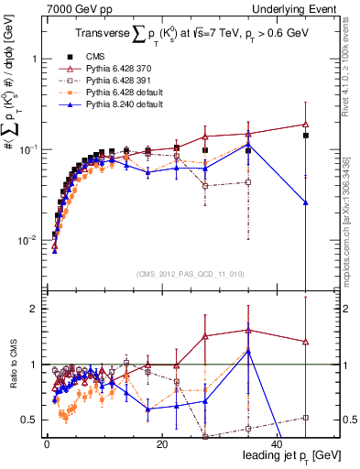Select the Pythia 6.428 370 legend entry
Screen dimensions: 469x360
coord(115,69)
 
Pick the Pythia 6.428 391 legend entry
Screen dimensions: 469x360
coord(115,81)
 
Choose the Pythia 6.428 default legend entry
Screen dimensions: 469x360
coord(118,93)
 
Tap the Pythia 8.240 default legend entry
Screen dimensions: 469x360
coord(118,104)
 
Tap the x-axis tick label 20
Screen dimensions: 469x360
coord(161,444)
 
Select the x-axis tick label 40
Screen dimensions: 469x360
coord(276,444)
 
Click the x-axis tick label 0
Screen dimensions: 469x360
coord(47,444)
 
